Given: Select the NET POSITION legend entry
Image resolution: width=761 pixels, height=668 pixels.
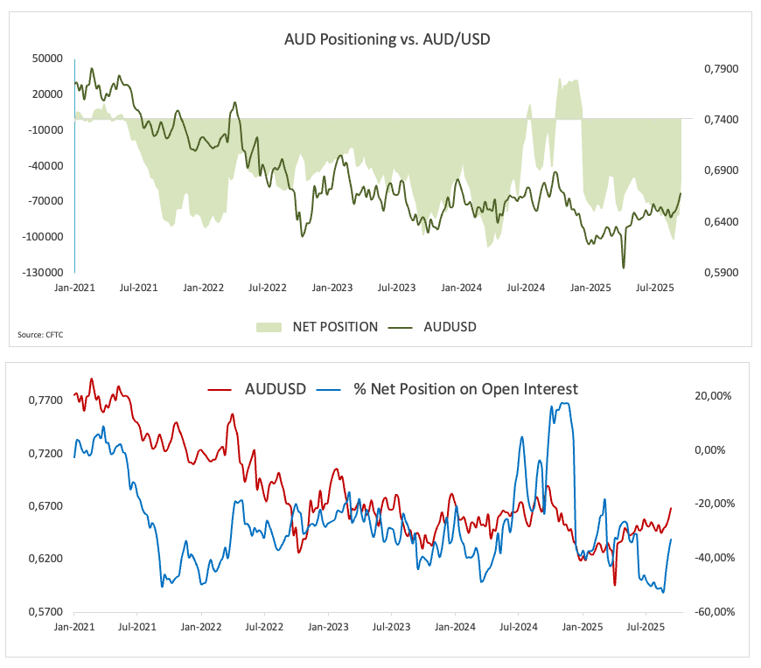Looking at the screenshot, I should (x=318, y=326).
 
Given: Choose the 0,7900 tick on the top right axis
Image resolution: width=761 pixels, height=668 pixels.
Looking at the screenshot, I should (x=722, y=68).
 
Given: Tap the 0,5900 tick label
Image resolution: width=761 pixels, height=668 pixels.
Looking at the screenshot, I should (x=722, y=273).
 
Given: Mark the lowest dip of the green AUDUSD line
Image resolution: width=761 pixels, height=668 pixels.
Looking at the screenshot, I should (x=624, y=268).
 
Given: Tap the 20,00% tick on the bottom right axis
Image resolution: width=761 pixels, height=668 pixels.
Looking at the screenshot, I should (x=713, y=396).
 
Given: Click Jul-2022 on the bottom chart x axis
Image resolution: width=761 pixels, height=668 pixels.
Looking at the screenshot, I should (x=265, y=627).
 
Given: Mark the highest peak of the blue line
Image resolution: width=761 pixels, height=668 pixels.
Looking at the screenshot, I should (x=564, y=403).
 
